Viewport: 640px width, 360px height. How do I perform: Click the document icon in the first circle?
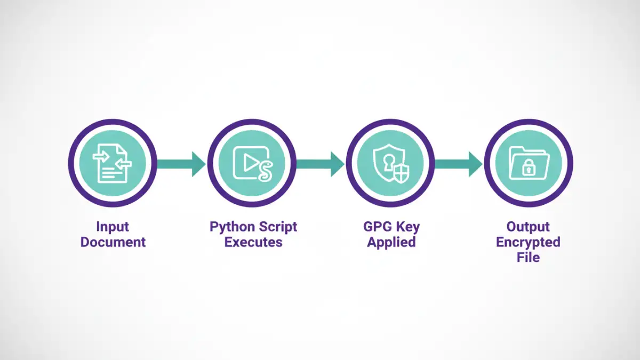click(x=113, y=162)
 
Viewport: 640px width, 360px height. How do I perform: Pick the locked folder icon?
click(x=528, y=162)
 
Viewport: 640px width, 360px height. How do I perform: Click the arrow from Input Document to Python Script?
click(x=181, y=164)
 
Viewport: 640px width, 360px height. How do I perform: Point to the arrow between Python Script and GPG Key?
click(x=320, y=164)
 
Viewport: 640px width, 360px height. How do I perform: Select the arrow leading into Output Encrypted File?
click(x=459, y=164)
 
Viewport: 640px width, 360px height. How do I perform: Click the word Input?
click(x=113, y=227)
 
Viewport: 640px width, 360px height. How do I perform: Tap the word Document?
click(x=113, y=242)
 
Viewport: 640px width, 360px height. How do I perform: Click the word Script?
click(x=278, y=227)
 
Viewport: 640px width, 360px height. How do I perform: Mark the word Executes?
click(x=253, y=242)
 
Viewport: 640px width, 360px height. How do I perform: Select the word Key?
click(x=408, y=227)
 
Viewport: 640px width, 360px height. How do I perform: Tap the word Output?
click(x=528, y=227)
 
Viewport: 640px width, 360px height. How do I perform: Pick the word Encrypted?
click(x=528, y=242)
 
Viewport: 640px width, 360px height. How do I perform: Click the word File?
click(x=528, y=258)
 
